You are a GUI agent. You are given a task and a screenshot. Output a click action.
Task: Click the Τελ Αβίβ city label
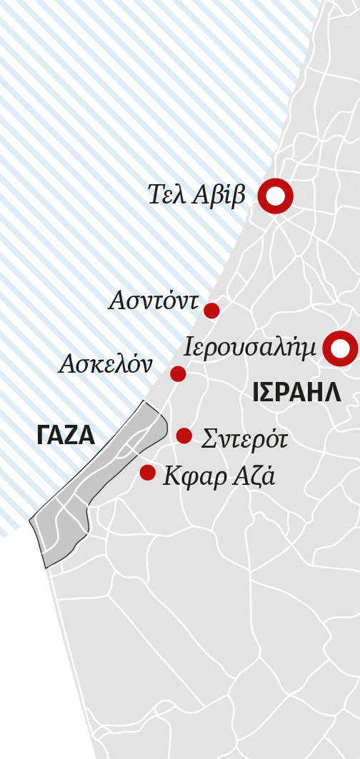(x=196, y=195)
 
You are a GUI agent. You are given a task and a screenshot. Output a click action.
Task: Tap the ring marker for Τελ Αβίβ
(x=275, y=196)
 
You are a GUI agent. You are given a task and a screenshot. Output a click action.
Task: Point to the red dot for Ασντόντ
(x=211, y=311)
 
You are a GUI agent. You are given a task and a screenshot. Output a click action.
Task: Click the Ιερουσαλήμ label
(x=249, y=348)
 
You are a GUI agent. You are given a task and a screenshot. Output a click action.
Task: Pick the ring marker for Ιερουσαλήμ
(x=340, y=348)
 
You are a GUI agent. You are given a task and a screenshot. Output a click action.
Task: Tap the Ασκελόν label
(x=106, y=365)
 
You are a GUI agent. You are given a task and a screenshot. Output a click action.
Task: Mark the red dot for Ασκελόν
(x=178, y=373)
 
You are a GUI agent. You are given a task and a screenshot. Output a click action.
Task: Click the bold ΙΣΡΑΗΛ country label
(x=296, y=392)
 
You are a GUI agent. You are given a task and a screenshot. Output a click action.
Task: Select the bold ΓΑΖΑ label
(x=66, y=436)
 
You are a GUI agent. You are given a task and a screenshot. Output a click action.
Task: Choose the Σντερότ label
(x=244, y=438)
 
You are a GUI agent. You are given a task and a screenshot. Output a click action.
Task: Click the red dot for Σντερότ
(x=184, y=436)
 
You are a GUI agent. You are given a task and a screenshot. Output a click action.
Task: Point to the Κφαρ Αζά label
(x=219, y=476)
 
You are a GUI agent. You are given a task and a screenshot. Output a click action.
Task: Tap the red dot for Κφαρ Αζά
(x=148, y=472)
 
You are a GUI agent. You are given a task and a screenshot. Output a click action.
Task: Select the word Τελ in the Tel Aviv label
(x=167, y=195)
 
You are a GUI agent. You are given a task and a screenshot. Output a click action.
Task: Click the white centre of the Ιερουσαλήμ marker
(x=340, y=348)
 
